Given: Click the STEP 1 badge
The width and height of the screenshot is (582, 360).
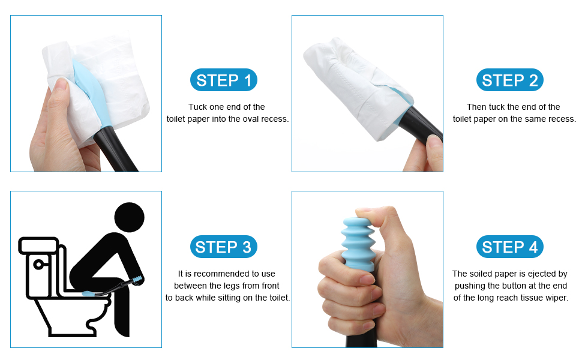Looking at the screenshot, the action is (x=223, y=80).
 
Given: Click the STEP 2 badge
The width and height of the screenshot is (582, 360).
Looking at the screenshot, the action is (x=509, y=80).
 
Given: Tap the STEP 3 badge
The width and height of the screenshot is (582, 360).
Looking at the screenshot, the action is (x=223, y=247).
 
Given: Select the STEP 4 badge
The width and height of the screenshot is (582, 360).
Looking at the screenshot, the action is (x=509, y=247).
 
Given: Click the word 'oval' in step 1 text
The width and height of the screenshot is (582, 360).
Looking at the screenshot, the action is (x=251, y=119).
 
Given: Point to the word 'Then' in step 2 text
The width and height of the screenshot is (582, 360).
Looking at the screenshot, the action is (x=476, y=107).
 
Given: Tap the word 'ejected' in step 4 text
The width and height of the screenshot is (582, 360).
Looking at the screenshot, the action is (x=542, y=274).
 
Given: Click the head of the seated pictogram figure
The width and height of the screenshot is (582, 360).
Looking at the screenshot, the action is (x=129, y=217).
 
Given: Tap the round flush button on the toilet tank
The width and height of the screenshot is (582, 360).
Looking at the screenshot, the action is (x=38, y=264).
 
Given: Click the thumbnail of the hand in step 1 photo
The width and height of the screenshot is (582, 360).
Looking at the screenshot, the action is (x=62, y=85).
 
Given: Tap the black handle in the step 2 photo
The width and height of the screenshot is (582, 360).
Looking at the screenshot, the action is (x=423, y=124).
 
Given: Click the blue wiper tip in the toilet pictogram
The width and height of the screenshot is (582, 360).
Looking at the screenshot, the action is (x=89, y=293).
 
